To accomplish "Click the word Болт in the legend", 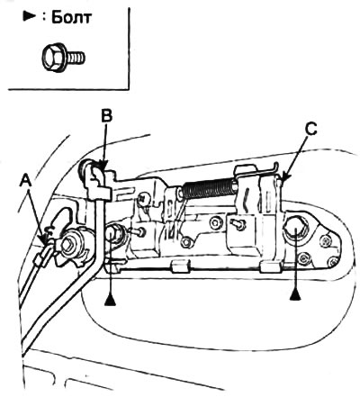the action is click(71, 18).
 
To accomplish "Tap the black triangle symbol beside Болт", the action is click(29, 18).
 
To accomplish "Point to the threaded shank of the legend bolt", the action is click(76, 58).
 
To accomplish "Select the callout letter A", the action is click(25, 181).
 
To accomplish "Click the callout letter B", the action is click(106, 117).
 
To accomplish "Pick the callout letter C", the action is click(310, 130).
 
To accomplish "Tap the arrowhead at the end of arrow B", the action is click(103, 166).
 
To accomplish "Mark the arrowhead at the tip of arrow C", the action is click(283, 176).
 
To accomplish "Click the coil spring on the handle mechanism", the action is click(210, 188).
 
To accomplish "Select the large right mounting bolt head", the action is click(296, 230).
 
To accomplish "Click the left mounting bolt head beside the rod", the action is click(113, 233).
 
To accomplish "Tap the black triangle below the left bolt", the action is click(110, 301).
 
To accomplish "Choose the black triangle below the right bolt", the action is click(295, 295).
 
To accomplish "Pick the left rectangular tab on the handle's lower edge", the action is click(181, 266).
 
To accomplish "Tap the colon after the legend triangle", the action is click(44, 18).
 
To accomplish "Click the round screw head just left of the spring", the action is click(144, 198).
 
